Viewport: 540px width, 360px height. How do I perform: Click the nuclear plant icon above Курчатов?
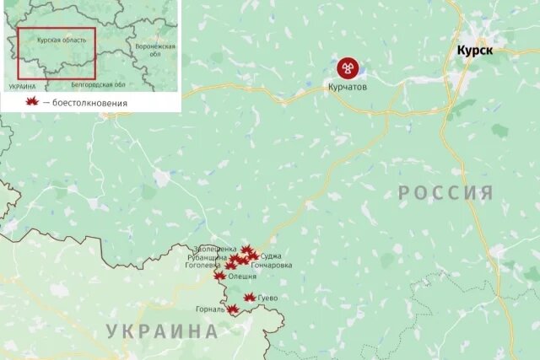(x=345, y=67)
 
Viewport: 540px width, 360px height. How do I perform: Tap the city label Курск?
(x=475, y=51)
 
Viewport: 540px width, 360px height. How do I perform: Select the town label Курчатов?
(x=348, y=86)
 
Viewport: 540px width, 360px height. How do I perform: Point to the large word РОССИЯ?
(x=445, y=193)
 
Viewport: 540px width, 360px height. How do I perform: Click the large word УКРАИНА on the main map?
(x=162, y=331)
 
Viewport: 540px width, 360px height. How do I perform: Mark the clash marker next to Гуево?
(x=250, y=298)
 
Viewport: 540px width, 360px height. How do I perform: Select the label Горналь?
(x=210, y=309)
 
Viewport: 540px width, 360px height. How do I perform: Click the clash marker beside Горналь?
(x=232, y=309)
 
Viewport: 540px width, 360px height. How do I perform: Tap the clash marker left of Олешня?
(x=220, y=276)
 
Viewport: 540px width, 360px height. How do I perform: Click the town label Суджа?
(x=271, y=255)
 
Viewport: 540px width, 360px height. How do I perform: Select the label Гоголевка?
(x=203, y=265)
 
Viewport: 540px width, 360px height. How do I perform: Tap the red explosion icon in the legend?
(x=33, y=102)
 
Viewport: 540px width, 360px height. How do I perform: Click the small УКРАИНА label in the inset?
(x=23, y=86)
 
